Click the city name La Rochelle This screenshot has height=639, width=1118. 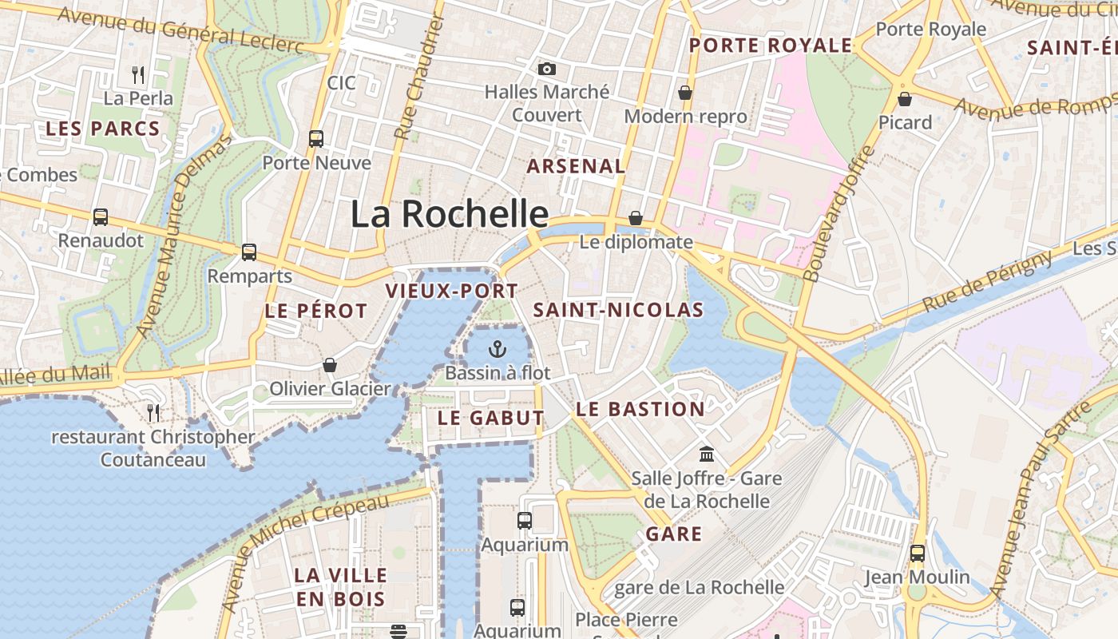pyautogui.click(x=450, y=214)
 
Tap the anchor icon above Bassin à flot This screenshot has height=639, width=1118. pyautogui.click(x=498, y=349)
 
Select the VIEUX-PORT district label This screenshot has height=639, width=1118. pyautogui.click(x=452, y=291)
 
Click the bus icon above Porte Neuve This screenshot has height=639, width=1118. pyautogui.click(x=316, y=139)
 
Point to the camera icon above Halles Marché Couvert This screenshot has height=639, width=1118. pyautogui.click(x=547, y=69)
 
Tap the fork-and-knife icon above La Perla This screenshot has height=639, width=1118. pyautogui.click(x=138, y=75)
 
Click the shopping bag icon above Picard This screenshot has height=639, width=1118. pyautogui.click(x=905, y=99)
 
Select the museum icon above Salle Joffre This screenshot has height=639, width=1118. pyautogui.click(x=707, y=454)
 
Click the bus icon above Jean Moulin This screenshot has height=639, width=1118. pyautogui.click(x=918, y=553)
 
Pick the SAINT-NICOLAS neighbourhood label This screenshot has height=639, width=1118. pyautogui.click(x=618, y=310)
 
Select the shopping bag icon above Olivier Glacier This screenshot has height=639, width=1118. pyautogui.click(x=330, y=365)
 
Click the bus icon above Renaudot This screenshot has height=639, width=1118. pyautogui.click(x=101, y=216)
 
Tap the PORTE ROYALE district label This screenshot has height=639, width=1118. pyautogui.click(x=771, y=46)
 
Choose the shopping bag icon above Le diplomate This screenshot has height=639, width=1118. pyautogui.click(x=636, y=218)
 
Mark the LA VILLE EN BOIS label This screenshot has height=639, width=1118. pyautogui.click(x=340, y=586)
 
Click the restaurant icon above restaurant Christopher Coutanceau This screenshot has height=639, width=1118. pyautogui.click(x=153, y=412)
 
